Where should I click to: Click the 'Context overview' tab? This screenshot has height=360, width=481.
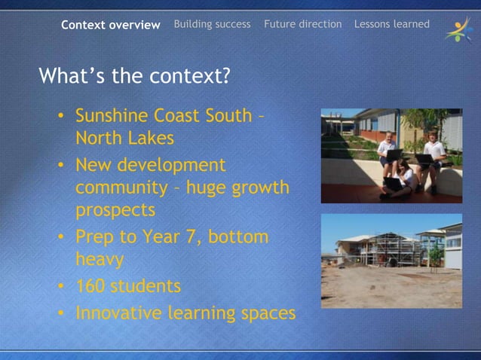click(x=111, y=25)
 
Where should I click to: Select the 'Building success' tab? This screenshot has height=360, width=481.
click(x=212, y=24)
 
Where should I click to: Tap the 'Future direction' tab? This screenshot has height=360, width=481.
click(x=302, y=24)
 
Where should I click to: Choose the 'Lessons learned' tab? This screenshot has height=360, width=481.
click(x=391, y=24)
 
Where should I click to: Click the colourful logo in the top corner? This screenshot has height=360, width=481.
click(x=457, y=30)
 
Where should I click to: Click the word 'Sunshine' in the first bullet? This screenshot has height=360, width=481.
click(x=112, y=116)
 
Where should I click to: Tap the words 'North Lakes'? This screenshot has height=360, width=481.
click(x=124, y=139)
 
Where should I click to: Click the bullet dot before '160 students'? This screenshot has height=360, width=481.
click(x=61, y=288)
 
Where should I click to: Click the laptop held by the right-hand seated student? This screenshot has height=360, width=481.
click(x=424, y=160)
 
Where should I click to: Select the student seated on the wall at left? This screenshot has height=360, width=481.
click(x=388, y=150)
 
